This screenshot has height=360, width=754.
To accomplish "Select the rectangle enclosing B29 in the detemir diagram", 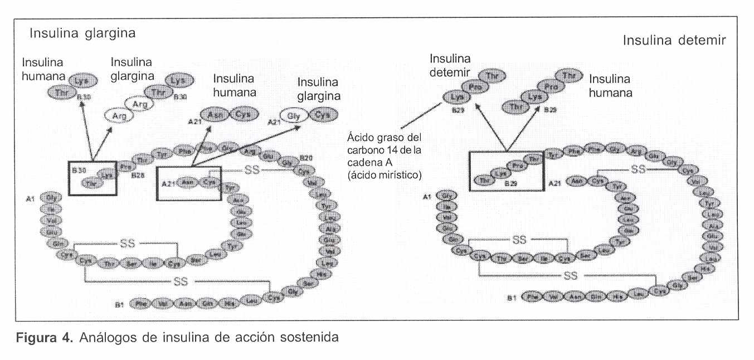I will (506, 171).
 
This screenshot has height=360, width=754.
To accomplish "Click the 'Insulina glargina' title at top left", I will (82, 33).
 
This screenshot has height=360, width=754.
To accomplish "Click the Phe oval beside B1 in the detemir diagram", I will (532, 296).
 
